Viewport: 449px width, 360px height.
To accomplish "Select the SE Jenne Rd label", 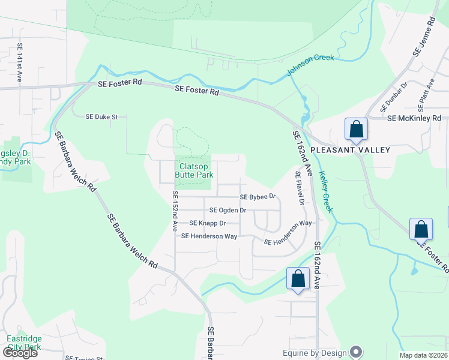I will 423,37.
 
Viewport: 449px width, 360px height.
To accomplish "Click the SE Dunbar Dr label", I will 394,97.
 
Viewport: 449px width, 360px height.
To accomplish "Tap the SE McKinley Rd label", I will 414,118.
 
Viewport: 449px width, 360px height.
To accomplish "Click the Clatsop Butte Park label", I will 194,171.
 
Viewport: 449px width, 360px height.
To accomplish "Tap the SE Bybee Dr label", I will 257,197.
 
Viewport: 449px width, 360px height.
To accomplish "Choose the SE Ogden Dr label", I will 228,211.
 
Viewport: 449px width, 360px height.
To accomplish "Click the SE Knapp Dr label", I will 207,223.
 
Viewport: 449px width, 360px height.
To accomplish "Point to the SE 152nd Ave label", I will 175,211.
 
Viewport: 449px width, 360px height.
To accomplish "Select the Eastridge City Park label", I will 24,343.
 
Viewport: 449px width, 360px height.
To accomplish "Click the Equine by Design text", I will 315,353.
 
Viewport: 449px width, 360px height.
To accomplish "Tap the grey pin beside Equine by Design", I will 356,352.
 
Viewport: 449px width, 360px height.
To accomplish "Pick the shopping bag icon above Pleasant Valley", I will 356,129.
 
